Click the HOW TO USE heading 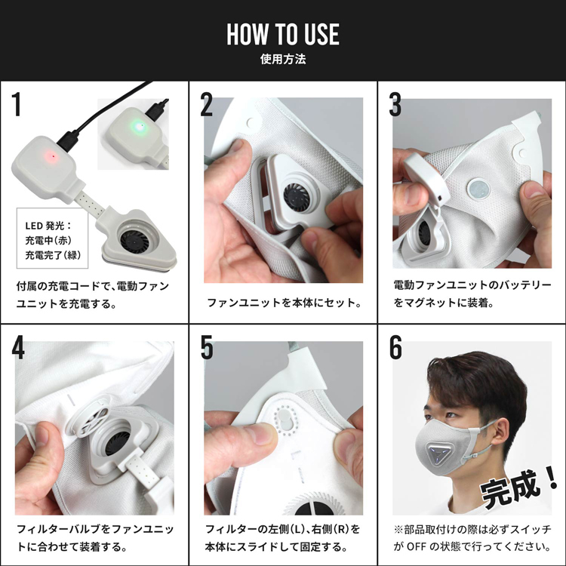(x=283, y=34)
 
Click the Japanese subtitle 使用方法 (x=283, y=59)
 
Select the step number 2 (x=207, y=106)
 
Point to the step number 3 (x=395, y=106)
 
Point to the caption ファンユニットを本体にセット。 (x=283, y=303)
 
